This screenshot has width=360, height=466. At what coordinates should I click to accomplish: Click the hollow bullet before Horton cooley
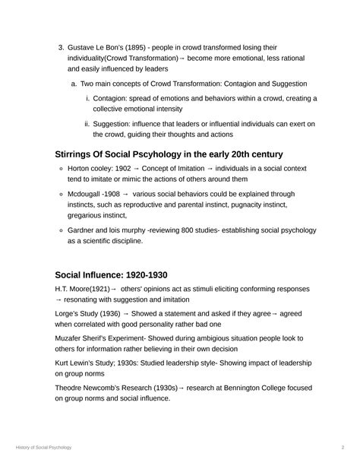[x=61, y=169]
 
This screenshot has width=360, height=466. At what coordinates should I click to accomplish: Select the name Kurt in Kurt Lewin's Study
[x=64, y=363]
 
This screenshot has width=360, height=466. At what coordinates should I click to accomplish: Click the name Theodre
[x=71, y=387]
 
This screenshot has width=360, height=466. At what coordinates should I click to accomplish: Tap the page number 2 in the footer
[x=343, y=448]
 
